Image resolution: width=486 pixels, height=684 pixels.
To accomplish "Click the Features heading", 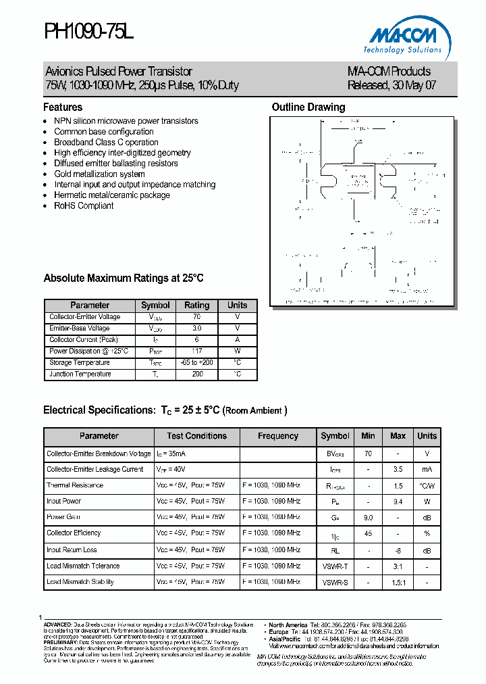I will (63, 107).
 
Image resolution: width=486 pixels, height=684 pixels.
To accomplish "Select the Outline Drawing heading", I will (308, 107).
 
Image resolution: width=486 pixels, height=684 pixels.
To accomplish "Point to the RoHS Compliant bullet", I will (84, 205).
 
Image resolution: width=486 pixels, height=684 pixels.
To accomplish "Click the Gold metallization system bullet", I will (99, 174).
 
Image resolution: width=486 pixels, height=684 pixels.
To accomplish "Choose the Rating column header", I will (196, 306).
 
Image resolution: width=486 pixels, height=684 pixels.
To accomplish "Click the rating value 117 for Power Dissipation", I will (196, 351).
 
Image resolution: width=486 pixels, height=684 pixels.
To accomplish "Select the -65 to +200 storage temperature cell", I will (196, 363).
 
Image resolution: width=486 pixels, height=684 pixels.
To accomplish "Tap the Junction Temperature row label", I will (80, 374).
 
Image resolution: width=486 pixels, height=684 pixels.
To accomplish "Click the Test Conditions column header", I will (196, 436).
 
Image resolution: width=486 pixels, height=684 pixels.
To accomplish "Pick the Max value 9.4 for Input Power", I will (398, 502).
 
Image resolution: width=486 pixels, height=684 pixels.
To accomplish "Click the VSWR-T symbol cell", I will (335, 566).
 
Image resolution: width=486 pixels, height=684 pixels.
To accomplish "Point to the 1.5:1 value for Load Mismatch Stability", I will (398, 582).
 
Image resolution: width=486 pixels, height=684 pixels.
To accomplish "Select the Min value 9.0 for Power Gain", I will (368, 517).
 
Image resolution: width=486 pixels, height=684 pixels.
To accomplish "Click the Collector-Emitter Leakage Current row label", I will (94, 469).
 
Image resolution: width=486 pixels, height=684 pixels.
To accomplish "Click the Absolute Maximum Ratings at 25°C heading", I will (124, 278).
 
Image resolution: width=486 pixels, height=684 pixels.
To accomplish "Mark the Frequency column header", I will (277, 436).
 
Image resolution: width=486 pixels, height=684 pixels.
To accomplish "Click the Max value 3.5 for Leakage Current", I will (398, 469).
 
